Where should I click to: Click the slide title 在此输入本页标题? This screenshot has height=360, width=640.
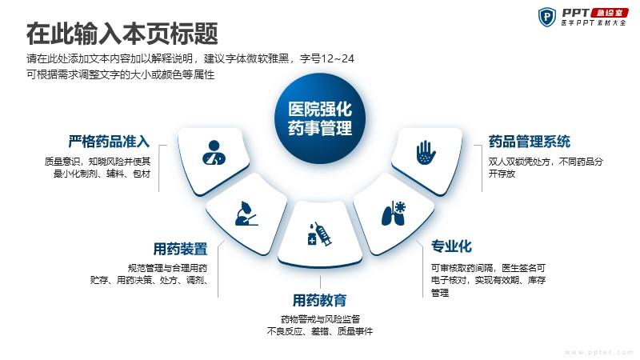122,34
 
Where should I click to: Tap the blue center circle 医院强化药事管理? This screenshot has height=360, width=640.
320,118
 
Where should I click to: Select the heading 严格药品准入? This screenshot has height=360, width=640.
109,142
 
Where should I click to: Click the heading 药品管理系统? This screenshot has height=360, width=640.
530,142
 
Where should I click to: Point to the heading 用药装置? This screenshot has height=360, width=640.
181,249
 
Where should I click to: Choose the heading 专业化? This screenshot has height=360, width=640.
451,246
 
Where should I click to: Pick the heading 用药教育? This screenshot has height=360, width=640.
319,301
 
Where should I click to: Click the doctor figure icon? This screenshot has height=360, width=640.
214,153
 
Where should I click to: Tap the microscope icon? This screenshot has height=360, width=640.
246,214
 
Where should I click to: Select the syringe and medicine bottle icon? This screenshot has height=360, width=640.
319,234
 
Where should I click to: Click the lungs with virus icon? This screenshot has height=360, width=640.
394,213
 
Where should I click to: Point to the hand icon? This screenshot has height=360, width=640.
426,153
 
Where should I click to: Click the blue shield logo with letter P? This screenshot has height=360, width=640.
547,17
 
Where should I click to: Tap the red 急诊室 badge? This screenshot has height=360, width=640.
610,13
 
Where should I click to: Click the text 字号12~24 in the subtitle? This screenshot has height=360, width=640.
327,58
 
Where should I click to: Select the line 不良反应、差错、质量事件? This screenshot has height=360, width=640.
319,331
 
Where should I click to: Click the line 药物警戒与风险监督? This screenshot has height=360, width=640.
320,318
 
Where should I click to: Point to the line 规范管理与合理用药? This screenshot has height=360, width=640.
167,268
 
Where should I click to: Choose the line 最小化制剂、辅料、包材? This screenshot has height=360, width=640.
102,174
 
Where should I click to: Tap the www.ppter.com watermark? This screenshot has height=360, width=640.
598,352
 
